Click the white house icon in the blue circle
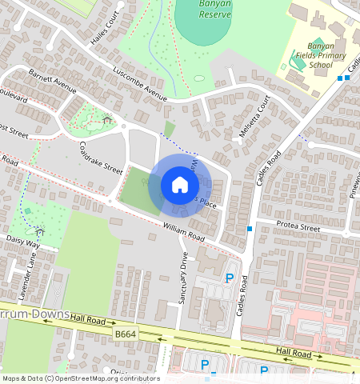point(180,186)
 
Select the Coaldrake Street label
point(101,158)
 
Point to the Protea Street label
point(298,228)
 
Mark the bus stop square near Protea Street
point(250,230)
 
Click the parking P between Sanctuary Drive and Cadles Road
point(229,278)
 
